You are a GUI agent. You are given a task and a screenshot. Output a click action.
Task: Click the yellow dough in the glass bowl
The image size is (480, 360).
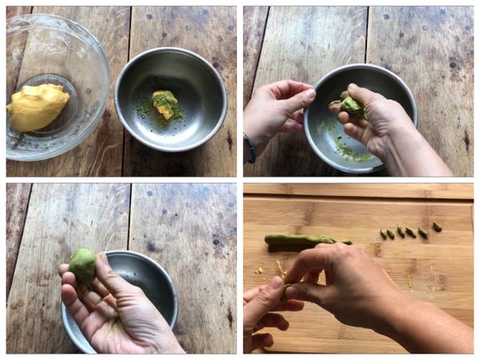(38, 106)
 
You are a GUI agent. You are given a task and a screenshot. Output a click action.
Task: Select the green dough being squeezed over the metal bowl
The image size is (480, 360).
(352, 106)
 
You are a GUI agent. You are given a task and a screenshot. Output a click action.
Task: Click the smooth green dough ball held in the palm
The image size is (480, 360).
(82, 264)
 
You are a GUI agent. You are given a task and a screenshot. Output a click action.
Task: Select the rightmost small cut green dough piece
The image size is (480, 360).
(437, 226)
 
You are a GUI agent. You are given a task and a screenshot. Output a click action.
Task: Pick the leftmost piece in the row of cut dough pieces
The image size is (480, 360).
(382, 234)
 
